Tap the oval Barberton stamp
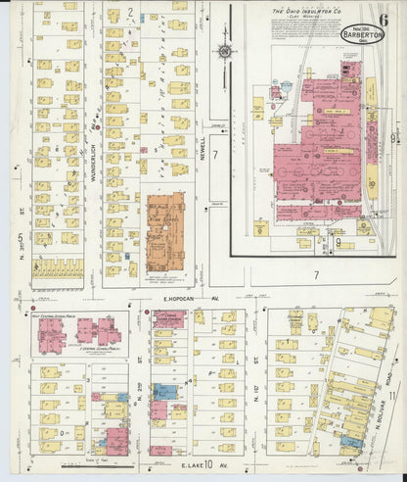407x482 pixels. [362, 32]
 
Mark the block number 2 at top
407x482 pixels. [129, 12]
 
